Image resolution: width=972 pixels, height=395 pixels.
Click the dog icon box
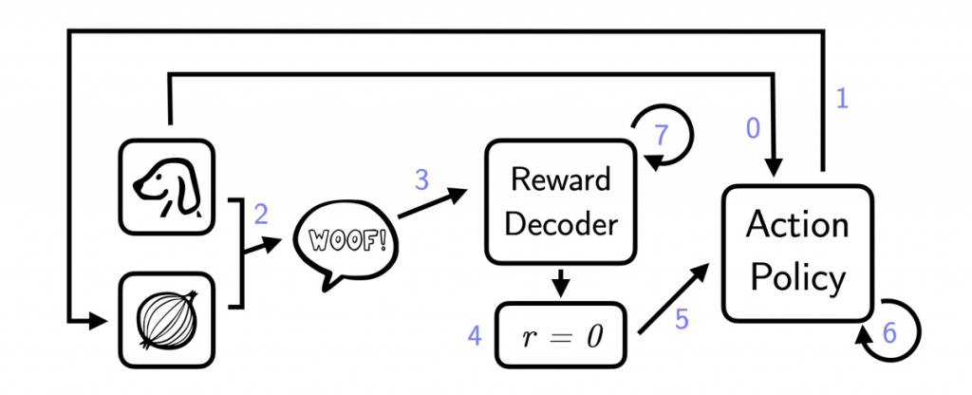[x=167, y=184]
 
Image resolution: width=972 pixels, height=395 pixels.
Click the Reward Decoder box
[x=560, y=201]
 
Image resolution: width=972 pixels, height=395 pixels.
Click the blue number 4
[x=475, y=334]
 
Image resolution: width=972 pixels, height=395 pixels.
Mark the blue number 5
[x=682, y=320]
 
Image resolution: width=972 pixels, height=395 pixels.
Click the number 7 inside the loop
[x=662, y=135]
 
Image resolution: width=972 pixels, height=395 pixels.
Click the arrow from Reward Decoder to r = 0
[x=560, y=282]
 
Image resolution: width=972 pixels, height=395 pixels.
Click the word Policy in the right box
[x=797, y=277]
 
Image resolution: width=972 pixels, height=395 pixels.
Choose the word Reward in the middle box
[x=560, y=179]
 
